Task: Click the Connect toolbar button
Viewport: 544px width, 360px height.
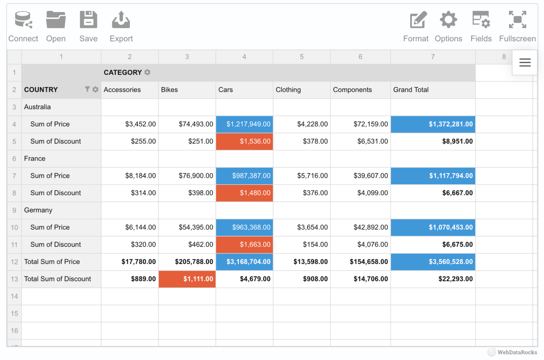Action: pyautogui.click(x=23, y=26)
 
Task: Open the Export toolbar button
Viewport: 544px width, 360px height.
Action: pyautogui.click(x=121, y=26)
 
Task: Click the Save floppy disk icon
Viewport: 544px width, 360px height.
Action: pyautogui.click(x=88, y=19)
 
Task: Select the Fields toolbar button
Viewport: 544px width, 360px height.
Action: pyautogui.click(x=481, y=26)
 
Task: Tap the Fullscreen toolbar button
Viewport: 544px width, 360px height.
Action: pyautogui.click(x=517, y=26)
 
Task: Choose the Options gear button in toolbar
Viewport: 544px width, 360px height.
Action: pyautogui.click(x=448, y=26)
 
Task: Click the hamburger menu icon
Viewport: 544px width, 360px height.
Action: pyautogui.click(x=525, y=63)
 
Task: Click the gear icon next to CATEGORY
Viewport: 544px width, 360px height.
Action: pyautogui.click(x=147, y=72)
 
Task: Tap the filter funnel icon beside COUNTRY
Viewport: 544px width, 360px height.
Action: pyautogui.click(x=87, y=89)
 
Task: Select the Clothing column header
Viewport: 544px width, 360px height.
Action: pyautogui.click(x=288, y=90)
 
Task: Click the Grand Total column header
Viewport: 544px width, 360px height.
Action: pyautogui.click(x=411, y=90)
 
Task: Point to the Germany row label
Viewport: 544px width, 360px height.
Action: pyautogui.click(x=38, y=210)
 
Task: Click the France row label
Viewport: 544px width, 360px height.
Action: pyautogui.click(x=35, y=159)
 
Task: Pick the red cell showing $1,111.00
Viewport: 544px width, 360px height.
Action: pyautogui.click(x=187, y=279)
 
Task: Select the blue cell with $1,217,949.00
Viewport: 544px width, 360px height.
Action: pyautogui.click(x=244, y=124)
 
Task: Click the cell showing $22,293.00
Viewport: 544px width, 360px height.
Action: pyautogui.click(x=433, y=279)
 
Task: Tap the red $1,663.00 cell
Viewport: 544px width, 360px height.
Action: pyautogui.click(x=244, y=245)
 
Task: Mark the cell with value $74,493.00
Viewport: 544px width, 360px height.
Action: pyautogui.click(x=187, y=124)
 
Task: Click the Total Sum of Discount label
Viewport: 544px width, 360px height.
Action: pyautogui.click(x=57, y=279)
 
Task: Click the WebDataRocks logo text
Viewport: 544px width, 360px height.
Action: pyautogui.click(x=517, y=352)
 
